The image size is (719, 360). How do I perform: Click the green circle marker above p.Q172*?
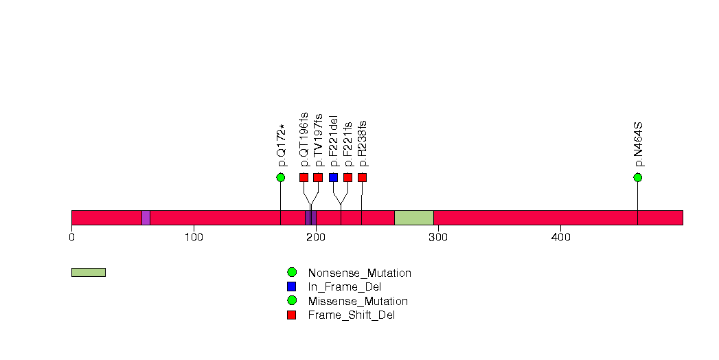pyautogui.click(x=280, y=177)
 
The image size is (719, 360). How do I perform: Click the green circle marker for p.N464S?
pyautogui.click(x=637, y=177)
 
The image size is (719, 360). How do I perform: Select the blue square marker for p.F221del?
pyautogui.click(x=333, y=177)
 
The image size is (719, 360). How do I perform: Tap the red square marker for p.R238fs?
pyautogui.click(x=362, y=177)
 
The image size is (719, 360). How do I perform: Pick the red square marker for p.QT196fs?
pyautogui.click(x=304, y=177)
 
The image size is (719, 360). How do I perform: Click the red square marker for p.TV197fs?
pyautogui.click(x=318, y=177)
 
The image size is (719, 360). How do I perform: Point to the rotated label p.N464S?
pyautogui.click(x=638, y=145)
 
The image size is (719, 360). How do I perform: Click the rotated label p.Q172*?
pyautogui.click(x=281, y=145)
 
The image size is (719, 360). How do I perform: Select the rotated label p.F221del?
pyautogui.click(x=334, y=140)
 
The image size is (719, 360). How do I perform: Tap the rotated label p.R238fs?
pyautogui.click(x=363, y=144)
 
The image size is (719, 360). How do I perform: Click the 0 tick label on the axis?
pyautogui.click(x=71, y=238)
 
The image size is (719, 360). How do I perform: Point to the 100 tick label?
pyautogui.click(x=194, y=238)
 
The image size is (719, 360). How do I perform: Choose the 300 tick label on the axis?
pyautogui.click(x=438, y=238)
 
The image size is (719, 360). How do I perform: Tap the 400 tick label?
pyautogui.click(x=560, y=238)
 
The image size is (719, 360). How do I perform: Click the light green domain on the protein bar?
pyautogui.click(x=413, y=218)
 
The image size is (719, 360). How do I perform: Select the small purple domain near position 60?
pyautogui.click(x=146, y=218)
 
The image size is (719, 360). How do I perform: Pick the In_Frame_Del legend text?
pyautogui.click(x=344, y=287)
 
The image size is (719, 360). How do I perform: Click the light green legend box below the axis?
pyautogui.click(x=88, y=272)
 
